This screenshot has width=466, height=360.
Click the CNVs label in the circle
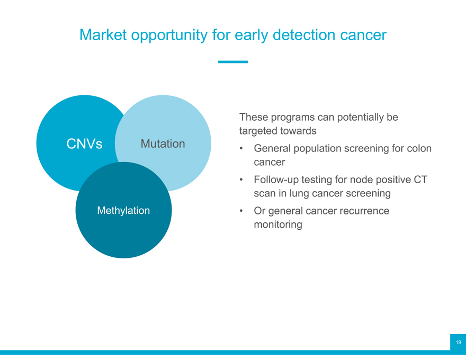click(84, 144)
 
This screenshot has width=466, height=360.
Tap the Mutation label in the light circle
click(163, 144)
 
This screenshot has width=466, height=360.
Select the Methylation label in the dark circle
click(123, 211)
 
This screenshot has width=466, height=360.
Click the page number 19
click(458, 342)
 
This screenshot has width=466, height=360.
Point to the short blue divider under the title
click(233, 62)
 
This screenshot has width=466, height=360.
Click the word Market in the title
click(103, 35)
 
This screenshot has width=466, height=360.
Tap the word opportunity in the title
click(169, 35)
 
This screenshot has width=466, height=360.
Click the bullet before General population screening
click(241, 149)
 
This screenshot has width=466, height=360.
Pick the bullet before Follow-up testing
click(241, 179)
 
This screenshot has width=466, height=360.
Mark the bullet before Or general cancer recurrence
click(241, 211)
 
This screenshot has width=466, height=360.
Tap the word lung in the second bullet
click(299, 194)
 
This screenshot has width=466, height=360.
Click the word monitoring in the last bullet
click(278, 224)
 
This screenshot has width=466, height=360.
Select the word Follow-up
click(276, 180)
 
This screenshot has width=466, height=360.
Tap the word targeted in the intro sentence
click(258, 131)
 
